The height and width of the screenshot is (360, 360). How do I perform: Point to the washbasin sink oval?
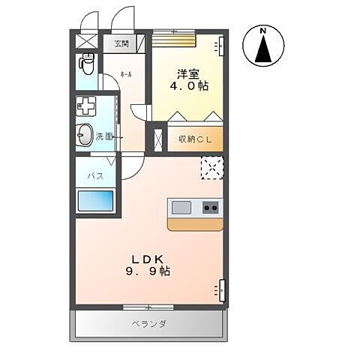coord(85,136)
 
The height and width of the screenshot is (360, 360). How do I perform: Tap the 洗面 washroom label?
coord(104,136)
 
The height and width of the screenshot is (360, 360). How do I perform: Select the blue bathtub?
coord(96,200)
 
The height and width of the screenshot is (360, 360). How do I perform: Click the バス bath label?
coord(94,175)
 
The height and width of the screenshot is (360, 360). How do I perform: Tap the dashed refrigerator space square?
coord(211,168)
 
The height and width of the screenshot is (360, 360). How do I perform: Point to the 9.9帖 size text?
coord(148,271)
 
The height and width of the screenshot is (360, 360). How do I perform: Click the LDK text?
coord(147,256)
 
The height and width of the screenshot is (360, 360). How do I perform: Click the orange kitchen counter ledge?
coord(194,223)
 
